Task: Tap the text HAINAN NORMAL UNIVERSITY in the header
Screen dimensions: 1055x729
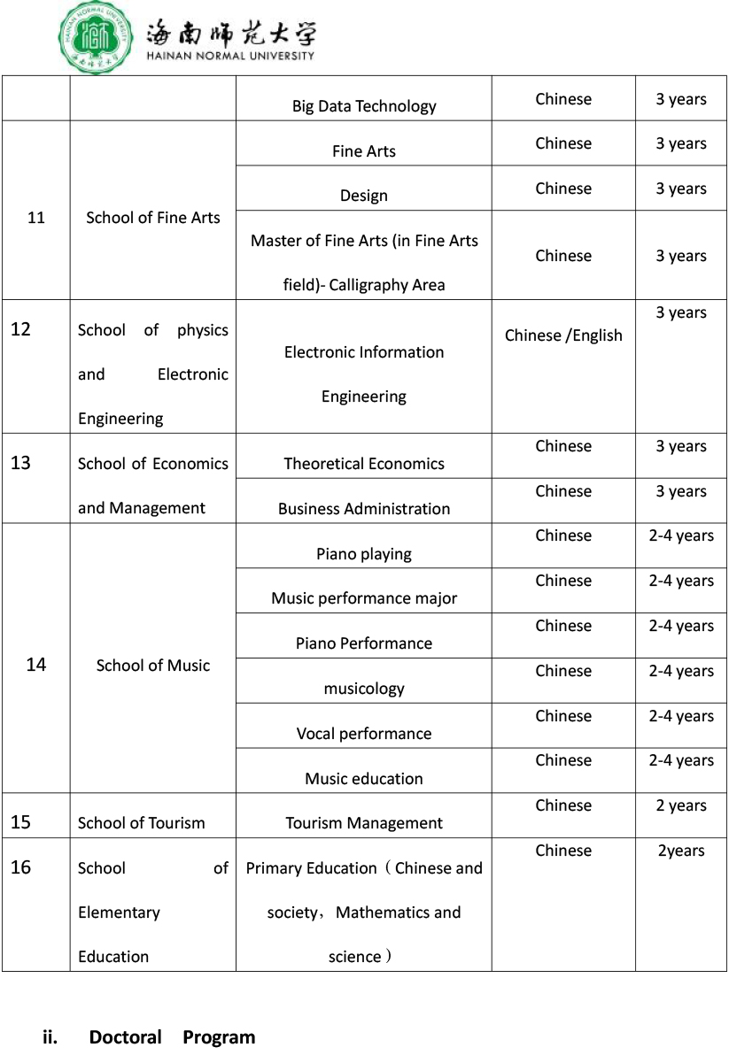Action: tap(229, 56)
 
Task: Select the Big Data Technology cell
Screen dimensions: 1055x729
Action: tap(364, 106)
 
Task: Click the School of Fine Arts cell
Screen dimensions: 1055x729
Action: tap(153, 218)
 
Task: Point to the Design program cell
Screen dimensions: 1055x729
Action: tap(364, 196)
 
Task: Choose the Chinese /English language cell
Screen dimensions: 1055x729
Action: tap(563, 335)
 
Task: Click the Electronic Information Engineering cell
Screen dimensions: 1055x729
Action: tap(364, 374)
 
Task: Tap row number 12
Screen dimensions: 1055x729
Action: tap(20, 330)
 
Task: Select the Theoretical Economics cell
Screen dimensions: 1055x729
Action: tap(364, 464)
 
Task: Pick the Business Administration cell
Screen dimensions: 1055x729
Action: tap(364, 509)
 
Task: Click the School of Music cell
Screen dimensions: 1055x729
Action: tap(153, 666)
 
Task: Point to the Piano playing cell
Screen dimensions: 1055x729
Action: tap(364, 554)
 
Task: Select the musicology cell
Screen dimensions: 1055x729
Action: tap(364, 689)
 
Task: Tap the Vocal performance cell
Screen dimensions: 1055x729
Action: tap(364, 734)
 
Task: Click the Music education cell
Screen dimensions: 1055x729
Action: tap(364, 779)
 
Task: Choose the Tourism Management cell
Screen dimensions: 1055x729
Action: tap(364, 823)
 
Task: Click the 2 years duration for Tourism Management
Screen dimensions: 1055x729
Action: tap(681, 806)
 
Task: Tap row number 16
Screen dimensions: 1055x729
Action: tap(20, 867)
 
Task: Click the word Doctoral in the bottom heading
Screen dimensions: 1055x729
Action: tap(125, 1037)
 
